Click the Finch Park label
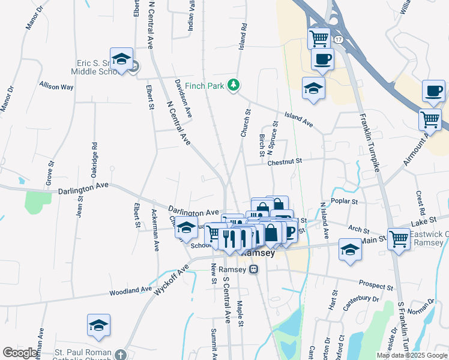pos(204,86)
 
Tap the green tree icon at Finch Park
pos(234,86)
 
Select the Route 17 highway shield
pos(339,39)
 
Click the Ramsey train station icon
pos(255,269)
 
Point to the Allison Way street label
pos(56,86)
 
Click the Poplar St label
pos(344,202)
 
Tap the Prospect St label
pos(375,284)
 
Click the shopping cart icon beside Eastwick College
pos(399,238)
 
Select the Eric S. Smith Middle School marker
pos(121,59)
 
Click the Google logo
pos(20,353)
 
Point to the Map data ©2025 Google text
pos(411,355)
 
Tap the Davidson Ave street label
pos(183,97)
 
